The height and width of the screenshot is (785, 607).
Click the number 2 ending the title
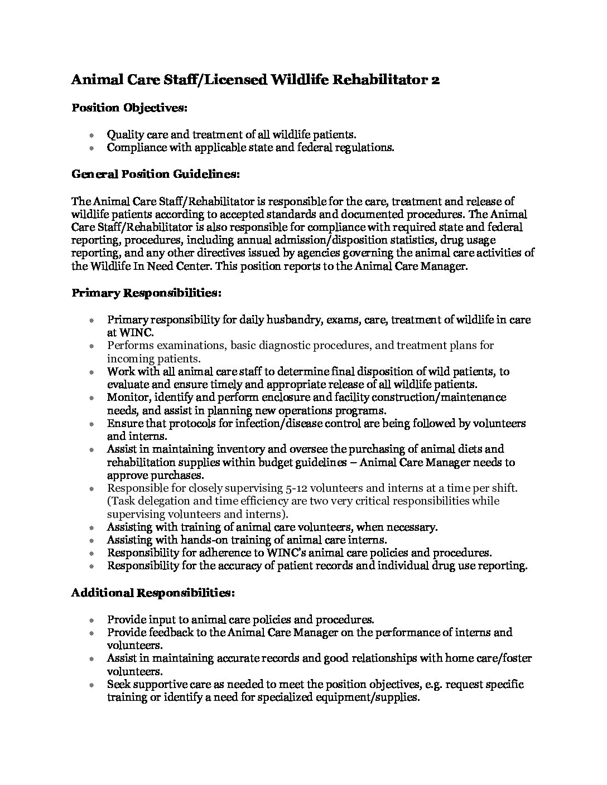[435, 80]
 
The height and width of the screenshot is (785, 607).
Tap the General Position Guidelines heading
[156, 175]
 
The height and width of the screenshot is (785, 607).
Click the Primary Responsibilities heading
[147, 293]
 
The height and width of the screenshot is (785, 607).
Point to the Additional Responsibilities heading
[153, 593]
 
